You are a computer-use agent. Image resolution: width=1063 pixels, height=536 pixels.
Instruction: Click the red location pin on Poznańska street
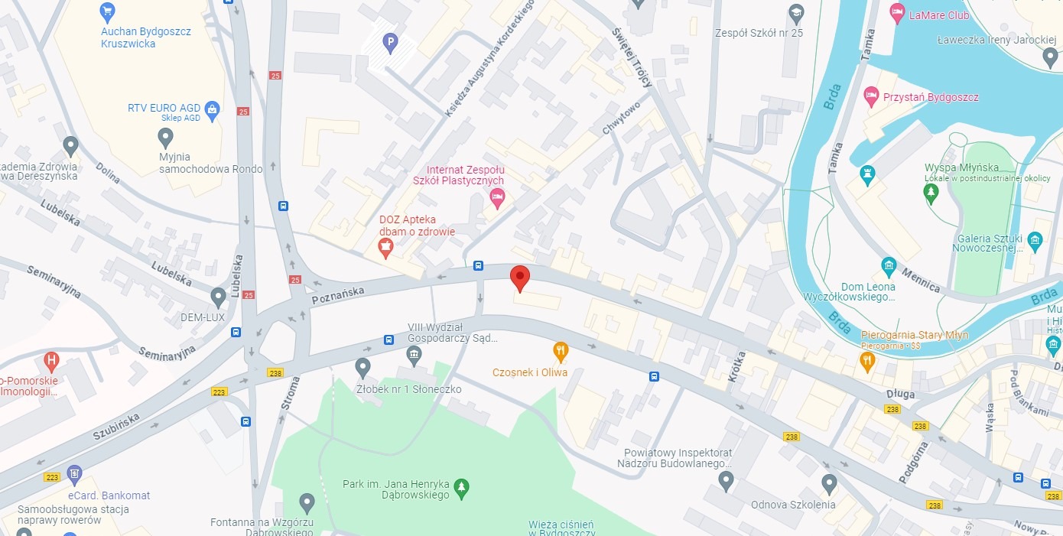point(520,278)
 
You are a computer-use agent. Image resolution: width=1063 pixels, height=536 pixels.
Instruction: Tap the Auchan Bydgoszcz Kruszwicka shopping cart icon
point(108,11)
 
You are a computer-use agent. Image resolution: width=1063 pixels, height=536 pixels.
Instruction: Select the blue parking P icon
point(391,43)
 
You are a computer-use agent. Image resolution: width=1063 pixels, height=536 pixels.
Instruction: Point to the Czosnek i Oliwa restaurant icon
point(561,351)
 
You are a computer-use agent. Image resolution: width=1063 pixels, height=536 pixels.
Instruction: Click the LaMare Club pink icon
point(896,13)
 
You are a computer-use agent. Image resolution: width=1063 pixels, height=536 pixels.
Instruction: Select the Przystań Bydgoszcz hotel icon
point(870,96)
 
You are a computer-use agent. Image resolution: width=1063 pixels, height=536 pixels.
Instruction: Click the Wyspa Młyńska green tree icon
point(931,193)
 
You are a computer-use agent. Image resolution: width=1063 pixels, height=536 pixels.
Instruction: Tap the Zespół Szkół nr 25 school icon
point(796,13)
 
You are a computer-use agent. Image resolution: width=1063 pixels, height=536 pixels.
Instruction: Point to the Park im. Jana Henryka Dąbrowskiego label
point(397,490)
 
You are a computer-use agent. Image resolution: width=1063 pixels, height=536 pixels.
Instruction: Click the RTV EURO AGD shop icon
point(213,109)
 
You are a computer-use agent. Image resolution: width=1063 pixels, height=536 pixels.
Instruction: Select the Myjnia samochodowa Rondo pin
point(165,138)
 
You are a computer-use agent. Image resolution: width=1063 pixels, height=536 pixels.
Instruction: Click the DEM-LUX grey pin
point(219,297)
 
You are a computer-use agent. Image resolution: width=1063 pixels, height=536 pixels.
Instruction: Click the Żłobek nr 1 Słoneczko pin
point(363,368)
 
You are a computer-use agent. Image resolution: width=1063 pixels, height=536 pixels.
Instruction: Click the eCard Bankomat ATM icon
point(74,475)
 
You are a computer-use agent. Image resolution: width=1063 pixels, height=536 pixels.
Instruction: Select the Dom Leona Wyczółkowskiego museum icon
point(889,266)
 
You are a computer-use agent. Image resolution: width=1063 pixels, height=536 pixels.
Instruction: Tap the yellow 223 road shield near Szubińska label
point(219,391)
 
